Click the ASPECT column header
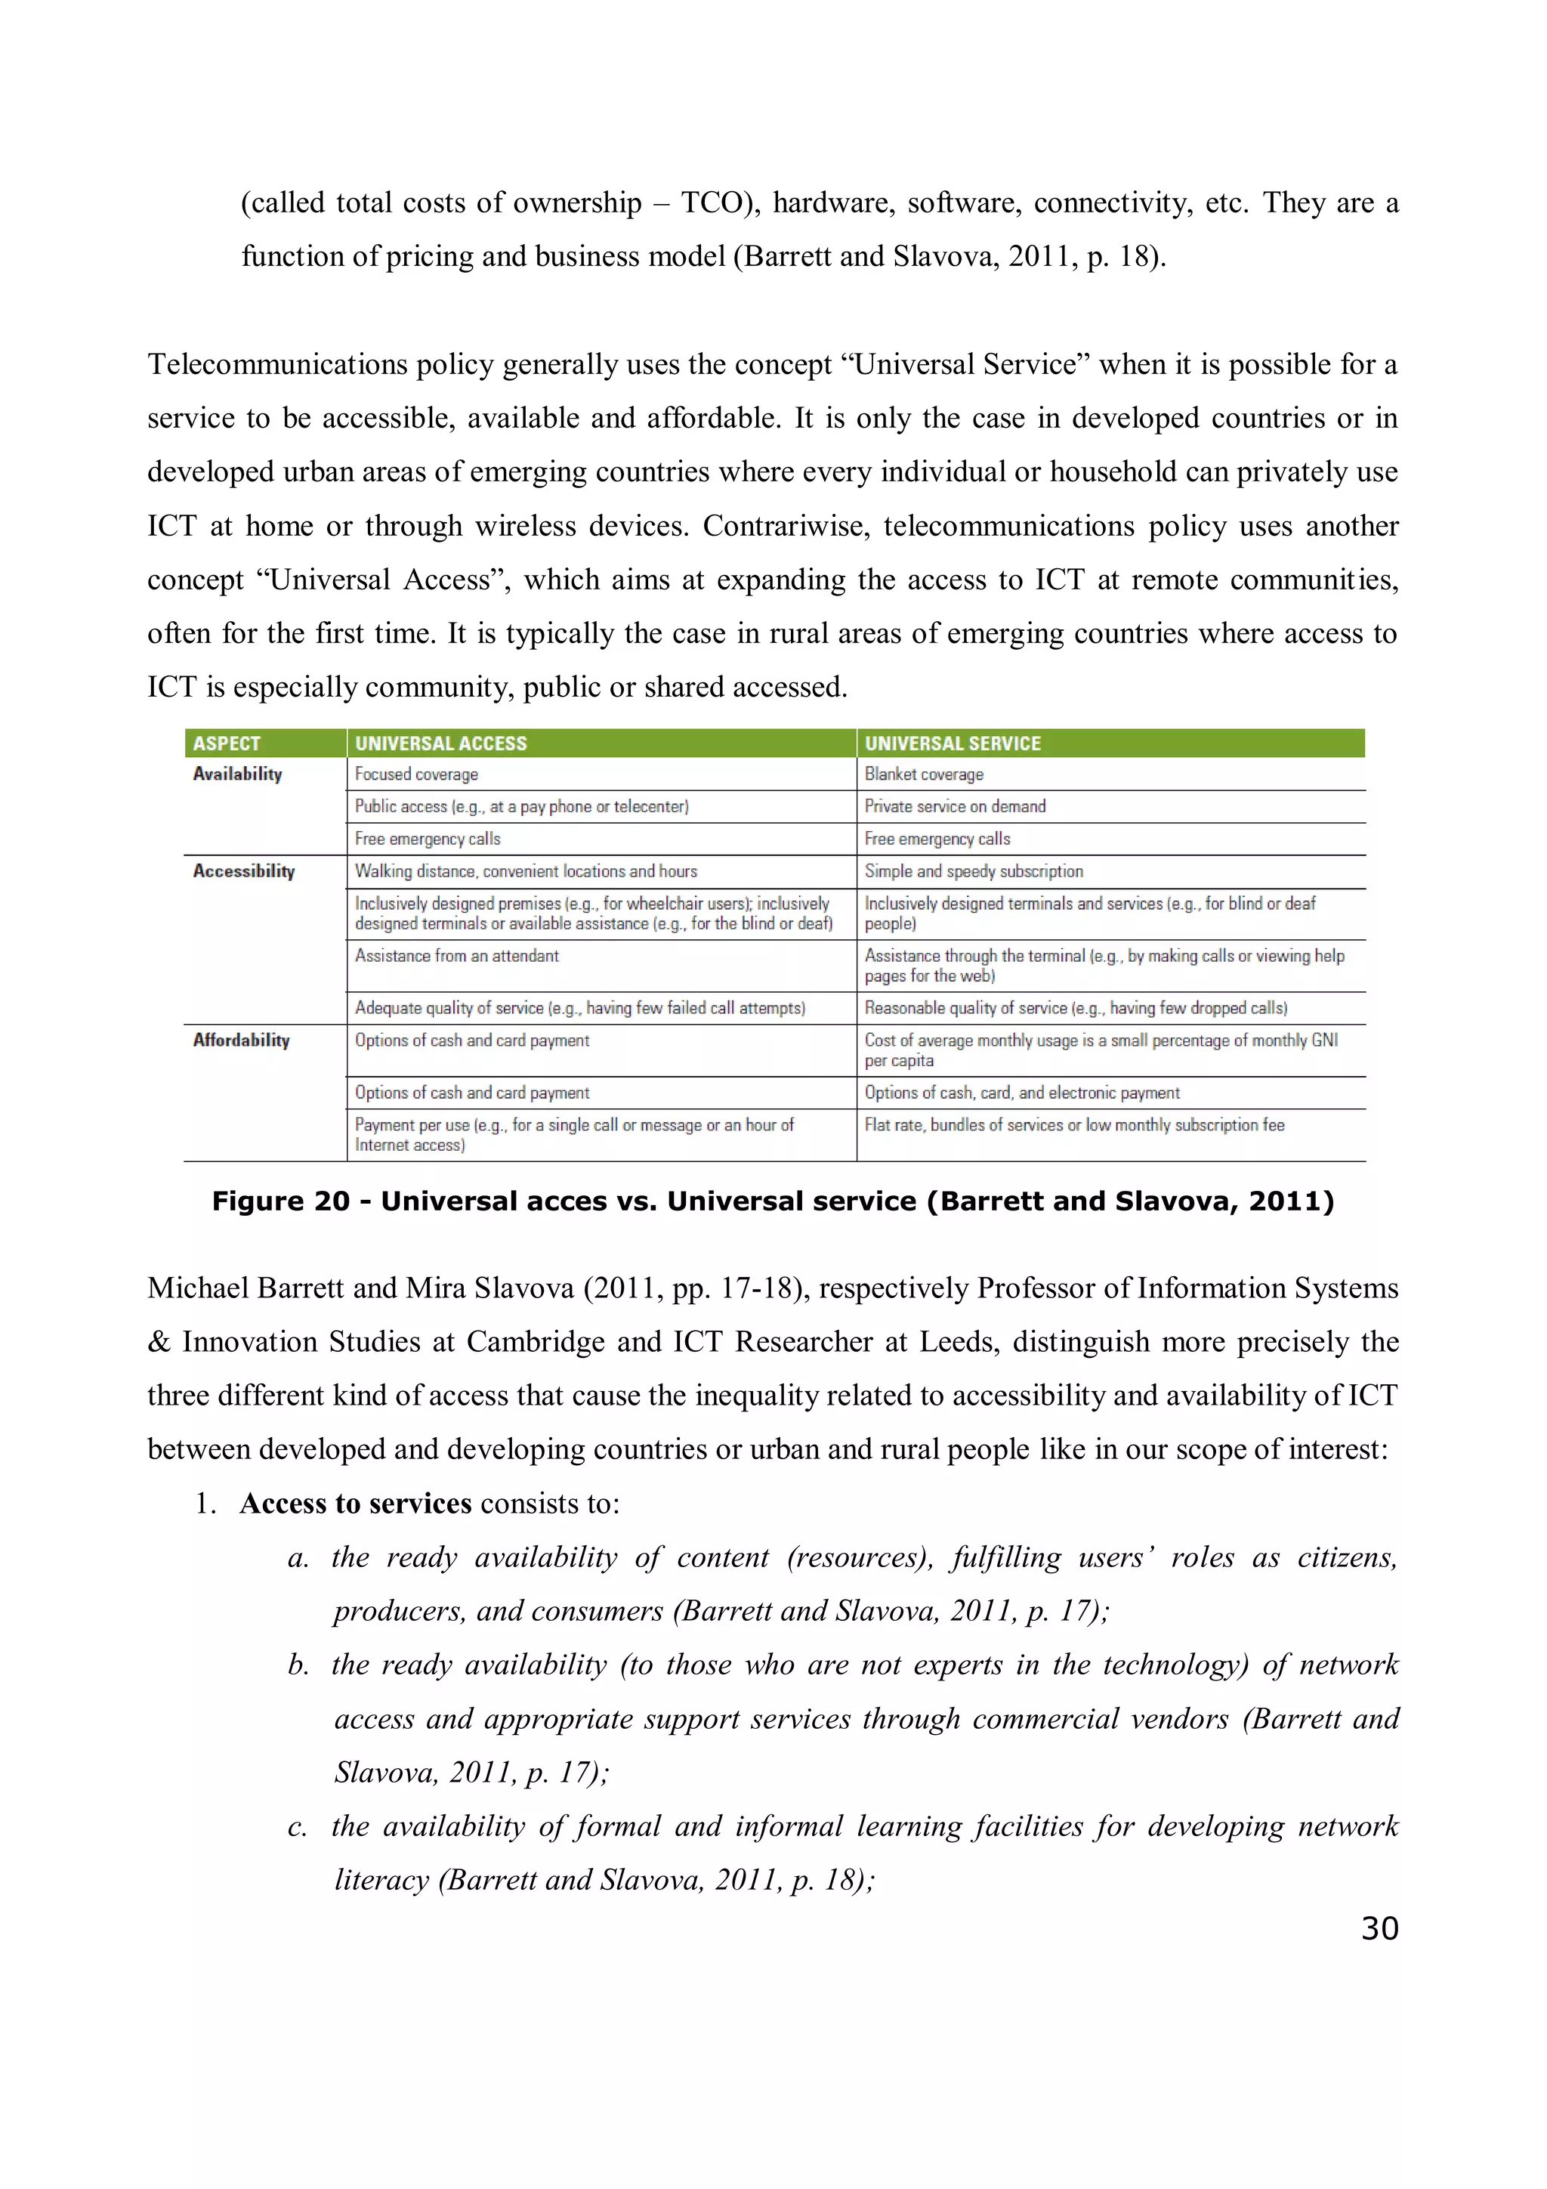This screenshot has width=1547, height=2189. point(226,744)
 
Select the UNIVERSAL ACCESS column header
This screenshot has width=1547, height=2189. point(440,744)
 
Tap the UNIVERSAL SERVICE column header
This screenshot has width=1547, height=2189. point(953,744)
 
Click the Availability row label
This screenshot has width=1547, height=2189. point(237,774)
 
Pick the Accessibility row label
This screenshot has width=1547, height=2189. point(244,871)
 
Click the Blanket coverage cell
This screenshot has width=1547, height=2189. point(924,774)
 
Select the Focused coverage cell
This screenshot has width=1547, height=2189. point(416,774)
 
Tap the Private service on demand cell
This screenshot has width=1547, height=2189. point(955,806)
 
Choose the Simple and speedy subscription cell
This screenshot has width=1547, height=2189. point(973,871)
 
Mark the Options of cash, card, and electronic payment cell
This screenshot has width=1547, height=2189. point(1022,1093)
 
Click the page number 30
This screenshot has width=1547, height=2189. point(1379,1928)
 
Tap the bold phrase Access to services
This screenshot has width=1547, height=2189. point(356,1504)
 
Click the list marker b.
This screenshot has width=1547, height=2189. point(298,1665)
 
